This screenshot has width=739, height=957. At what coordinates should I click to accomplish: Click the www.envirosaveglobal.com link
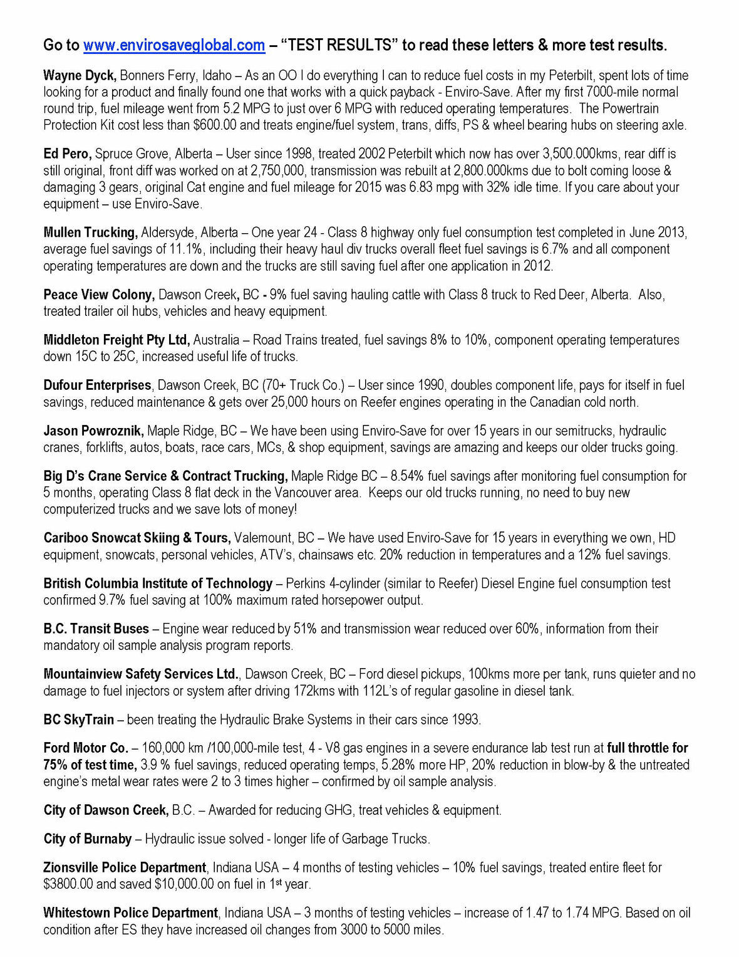[x=173, y=45]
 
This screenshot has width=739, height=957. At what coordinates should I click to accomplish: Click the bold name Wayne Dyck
[x=80, y=76]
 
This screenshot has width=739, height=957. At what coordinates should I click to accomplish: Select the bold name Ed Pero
[x=68, y=154]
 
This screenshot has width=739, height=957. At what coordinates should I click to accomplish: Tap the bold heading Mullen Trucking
[x=90, y=233]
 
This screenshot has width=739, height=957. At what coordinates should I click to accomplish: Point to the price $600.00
[x=215, y=125]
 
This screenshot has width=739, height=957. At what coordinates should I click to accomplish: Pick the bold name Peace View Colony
[x=98, y=295]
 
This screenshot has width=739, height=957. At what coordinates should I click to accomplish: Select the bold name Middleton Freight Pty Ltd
[x=116, y=340]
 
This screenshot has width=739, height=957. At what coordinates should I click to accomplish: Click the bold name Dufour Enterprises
[x=97, y=385]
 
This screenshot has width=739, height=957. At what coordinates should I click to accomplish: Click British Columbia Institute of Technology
[x=158, y=583]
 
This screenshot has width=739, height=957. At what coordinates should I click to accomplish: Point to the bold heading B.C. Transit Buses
[x=96, y=629]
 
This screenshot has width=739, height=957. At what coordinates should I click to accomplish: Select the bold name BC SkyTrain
[x=79, y=719]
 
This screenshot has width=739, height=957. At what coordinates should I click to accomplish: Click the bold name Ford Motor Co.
[x=86, y=748]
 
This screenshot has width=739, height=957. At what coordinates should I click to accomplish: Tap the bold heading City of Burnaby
[x=88, y=839]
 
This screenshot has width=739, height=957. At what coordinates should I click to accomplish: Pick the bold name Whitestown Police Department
[x=131, y=913]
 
